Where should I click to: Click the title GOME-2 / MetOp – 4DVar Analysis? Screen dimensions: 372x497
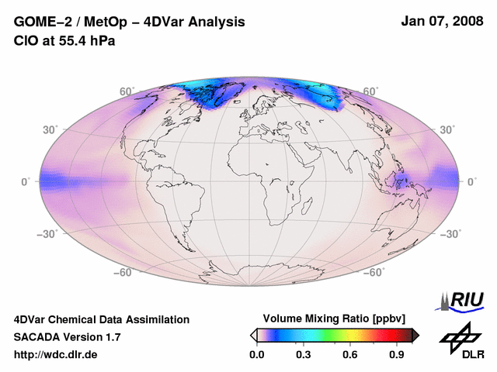(x=130, y=22)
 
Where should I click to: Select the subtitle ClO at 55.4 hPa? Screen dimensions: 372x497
(x=64, y=40)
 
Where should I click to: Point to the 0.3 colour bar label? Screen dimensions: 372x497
(x=303, y=355)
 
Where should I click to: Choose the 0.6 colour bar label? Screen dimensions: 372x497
(x=349, y=355)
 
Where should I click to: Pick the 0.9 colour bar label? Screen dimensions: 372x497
(x=397, y=355)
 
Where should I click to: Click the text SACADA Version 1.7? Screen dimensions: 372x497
(x=67, y=337)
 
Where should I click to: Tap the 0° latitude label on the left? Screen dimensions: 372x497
(x=26, y=181)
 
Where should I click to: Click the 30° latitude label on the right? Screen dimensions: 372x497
(x=449, y=129)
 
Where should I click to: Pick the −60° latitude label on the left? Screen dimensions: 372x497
(x=123, y=273)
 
